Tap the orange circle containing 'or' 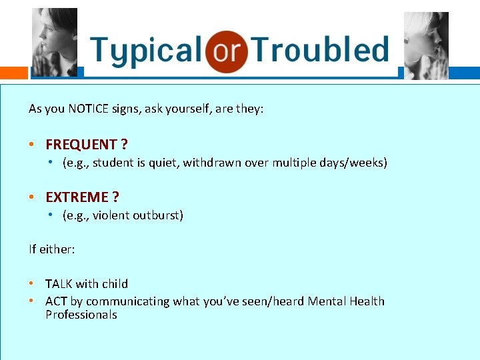pos(226,51)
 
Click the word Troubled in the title pos(320,51)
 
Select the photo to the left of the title pos(55,43)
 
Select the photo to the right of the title pos(426,45)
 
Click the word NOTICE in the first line pos(90,108)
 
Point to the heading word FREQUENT pos(81,144)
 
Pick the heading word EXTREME pos(77,197)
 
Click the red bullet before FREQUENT pos(32,144)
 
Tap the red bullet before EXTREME pos(32,197)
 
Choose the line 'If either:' pos(51,249)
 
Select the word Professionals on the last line pos(81,315)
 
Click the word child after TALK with pos(115,284)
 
